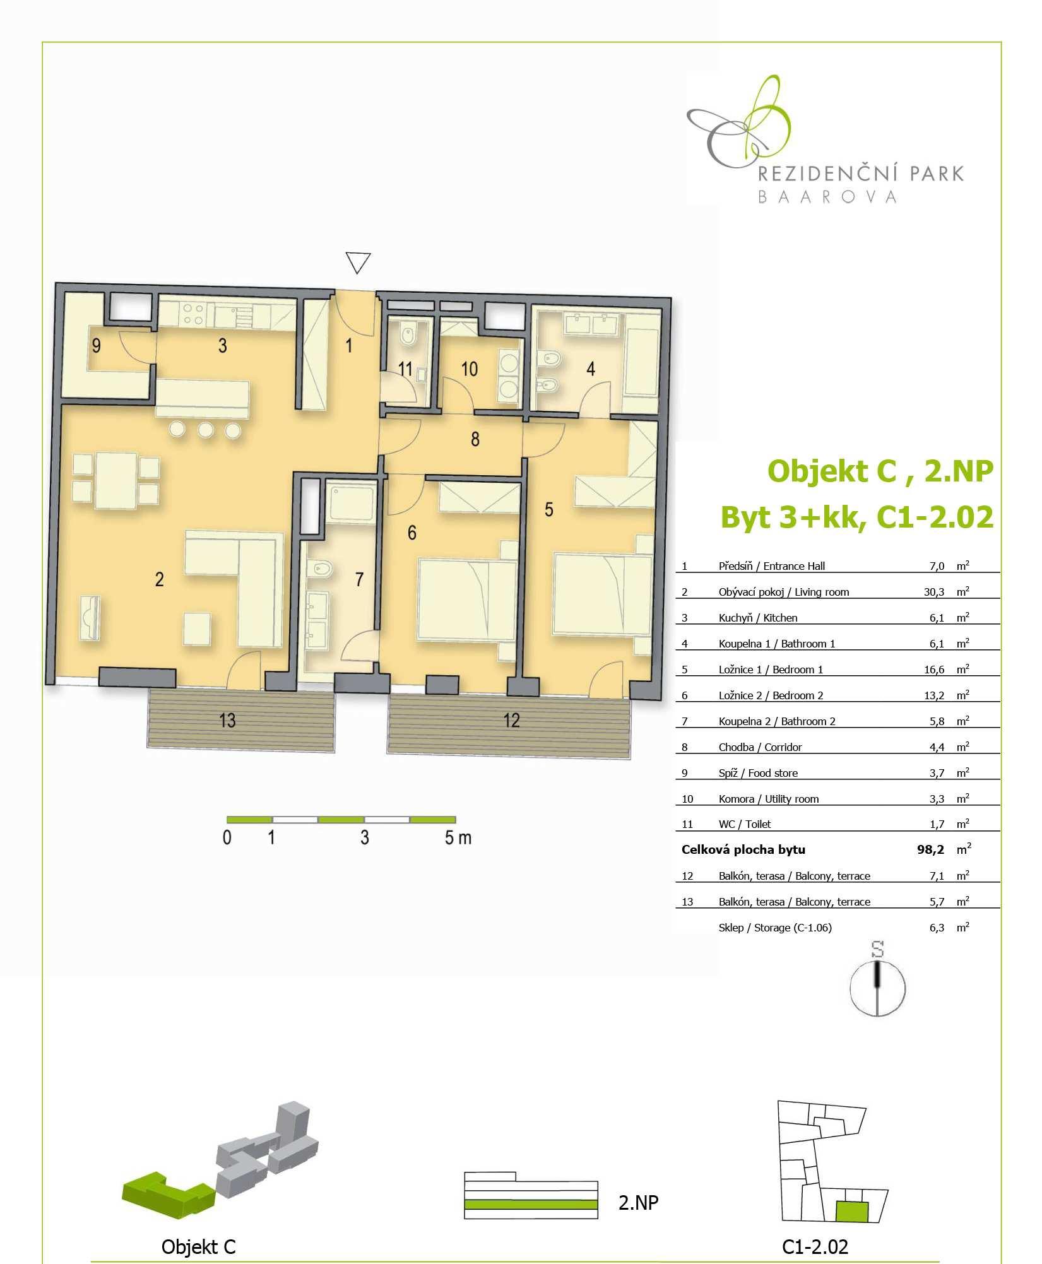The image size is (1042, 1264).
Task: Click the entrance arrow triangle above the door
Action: pyautogui.click(x=358, y=263)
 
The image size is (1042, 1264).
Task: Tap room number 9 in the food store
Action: pyautogui.click(x=96, y=346)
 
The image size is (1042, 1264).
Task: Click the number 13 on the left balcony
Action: pyautogui.click(x=227, y=720)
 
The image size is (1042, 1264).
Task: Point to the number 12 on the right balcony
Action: pyautogui.click(x=511, y=720)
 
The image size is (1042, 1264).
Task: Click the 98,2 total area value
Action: pyautogui.click(x=930, y=849)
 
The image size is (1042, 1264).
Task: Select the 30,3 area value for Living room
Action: pyautogui.click(x=933, y=592)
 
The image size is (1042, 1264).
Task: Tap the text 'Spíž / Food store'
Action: pyautogui.click(x=758, y=773)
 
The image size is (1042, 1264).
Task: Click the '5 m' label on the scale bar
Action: pyautogui.click(x=458, y=837)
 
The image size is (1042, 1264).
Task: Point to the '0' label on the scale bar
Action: pyautogui.click(x=227, y=837)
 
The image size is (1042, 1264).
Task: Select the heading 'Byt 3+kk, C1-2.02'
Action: pyautogui.click(x=857, y=517)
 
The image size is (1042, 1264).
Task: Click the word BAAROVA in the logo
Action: pyautogui.click(x=827, y=197)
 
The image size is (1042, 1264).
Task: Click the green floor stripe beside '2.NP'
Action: pyautogui.click(x=531, y=1205)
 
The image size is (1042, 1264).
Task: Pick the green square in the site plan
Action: pyautogui.click(x=852, y=1212)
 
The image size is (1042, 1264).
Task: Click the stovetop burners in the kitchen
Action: pyautogui.click(x=192, y=314)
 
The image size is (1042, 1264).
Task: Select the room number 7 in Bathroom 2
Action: pyautogui.click(x=359, y=579)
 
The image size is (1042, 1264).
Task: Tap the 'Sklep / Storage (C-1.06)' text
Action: pyautogui.click(x=775, y=928)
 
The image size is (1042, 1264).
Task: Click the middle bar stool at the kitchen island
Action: pyautogui.click(x=205, y=430)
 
